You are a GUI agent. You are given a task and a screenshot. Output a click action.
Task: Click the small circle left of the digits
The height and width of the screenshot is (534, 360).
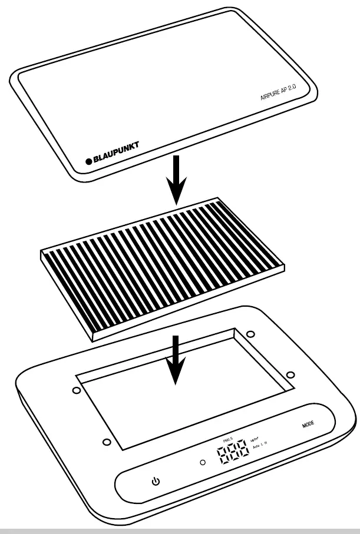(203, 462)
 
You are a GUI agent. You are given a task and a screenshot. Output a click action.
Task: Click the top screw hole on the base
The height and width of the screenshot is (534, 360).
(250, 334)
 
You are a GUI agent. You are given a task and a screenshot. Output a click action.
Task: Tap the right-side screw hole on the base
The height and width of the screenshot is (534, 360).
(289, 374)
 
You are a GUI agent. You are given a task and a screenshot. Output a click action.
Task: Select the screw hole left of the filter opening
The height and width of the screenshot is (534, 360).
(76, 390)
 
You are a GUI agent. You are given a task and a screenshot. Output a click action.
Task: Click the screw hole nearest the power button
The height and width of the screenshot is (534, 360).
(105, 442)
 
